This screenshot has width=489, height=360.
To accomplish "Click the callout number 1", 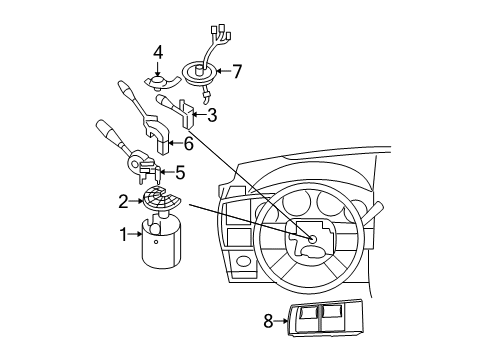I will tap(124, 235).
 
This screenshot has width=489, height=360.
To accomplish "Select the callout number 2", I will tap(124, 201).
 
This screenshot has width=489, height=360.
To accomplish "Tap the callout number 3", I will tap(211, 114).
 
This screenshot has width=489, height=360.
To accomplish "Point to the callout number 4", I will tap(158, 52).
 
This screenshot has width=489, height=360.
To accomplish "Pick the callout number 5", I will tap(180, 172).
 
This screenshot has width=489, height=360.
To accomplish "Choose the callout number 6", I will tap(188, 144).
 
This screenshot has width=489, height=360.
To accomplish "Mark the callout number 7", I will tap(237, 71).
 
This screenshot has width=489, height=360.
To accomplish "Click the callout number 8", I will tap(267, 320).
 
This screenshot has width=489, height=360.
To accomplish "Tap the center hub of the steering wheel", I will tap(311, 239).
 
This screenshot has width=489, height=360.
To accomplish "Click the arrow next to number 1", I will tap(136, 235).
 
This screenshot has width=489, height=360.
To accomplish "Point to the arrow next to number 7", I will tap(225, 71).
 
